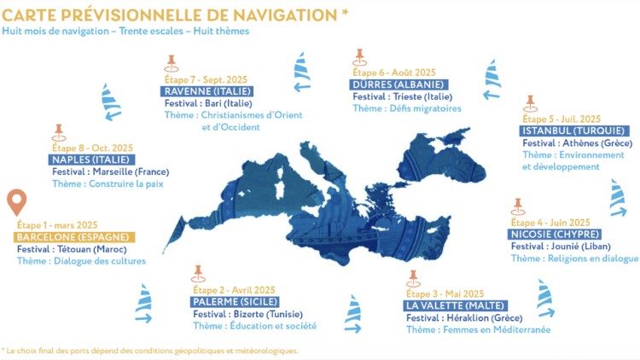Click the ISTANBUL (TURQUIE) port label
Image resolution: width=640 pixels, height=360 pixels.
click(573, 131)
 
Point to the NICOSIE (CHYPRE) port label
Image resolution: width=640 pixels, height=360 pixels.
click(556, 234)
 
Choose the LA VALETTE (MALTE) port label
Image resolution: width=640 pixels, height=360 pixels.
click(457, 305)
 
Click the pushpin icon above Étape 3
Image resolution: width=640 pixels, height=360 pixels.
click(414, 278)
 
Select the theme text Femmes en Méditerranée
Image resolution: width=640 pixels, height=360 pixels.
click(478, 329)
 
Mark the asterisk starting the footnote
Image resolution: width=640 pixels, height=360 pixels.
click(3, 350)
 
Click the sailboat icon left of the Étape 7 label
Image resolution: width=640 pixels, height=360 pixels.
click(112, 102)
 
